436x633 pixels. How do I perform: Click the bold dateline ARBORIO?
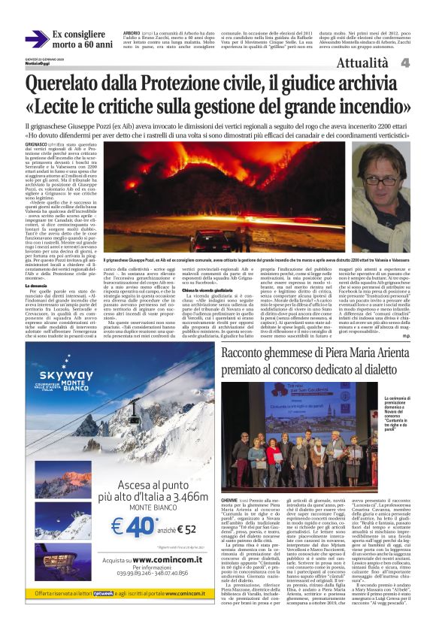point(132,33)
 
